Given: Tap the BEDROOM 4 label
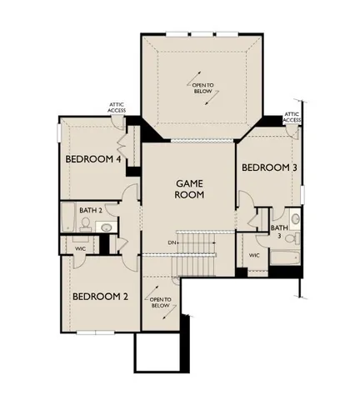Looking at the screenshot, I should click(93, 158).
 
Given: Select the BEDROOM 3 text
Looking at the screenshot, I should click(269, 167).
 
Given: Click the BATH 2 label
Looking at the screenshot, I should click(91, 211).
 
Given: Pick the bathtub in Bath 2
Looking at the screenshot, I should click(67, 222).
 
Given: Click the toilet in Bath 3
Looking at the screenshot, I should click(294, 218).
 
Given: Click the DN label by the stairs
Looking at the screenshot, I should click(172, 242).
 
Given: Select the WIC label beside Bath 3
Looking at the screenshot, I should click(254, 255).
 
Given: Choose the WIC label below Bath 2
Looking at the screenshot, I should click(80, 247).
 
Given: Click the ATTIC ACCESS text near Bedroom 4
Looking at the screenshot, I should click(116, 107).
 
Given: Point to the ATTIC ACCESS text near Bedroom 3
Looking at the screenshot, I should click(292, 117).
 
